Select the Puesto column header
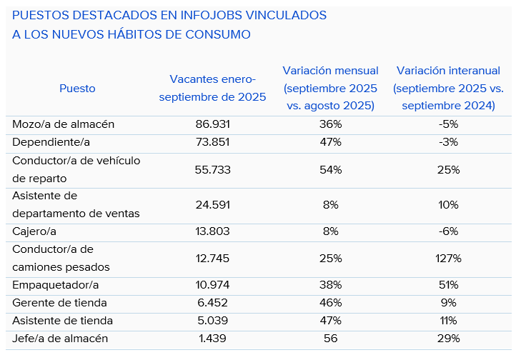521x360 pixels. (77, 89)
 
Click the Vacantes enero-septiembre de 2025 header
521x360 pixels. (212, 88)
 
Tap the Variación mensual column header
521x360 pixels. (331, 88)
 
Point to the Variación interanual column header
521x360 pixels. (448, 88)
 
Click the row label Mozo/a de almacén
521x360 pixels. (64, 124)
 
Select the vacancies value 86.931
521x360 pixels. (212, 124)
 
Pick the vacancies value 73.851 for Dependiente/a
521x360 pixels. (212, 142)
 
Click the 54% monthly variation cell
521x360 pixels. (331, 169)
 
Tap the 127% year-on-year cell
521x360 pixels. (449, 258)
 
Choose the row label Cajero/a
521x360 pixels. (36, 231)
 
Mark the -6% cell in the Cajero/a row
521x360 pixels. (449, 231)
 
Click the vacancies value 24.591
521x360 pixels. (212, 204)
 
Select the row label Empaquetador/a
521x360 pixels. (55, 285)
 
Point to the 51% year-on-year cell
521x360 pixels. (449, 285)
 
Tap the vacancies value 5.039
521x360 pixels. (212, 321)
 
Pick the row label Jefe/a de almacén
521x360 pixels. (60, 339)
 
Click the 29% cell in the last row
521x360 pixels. (449, 339)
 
